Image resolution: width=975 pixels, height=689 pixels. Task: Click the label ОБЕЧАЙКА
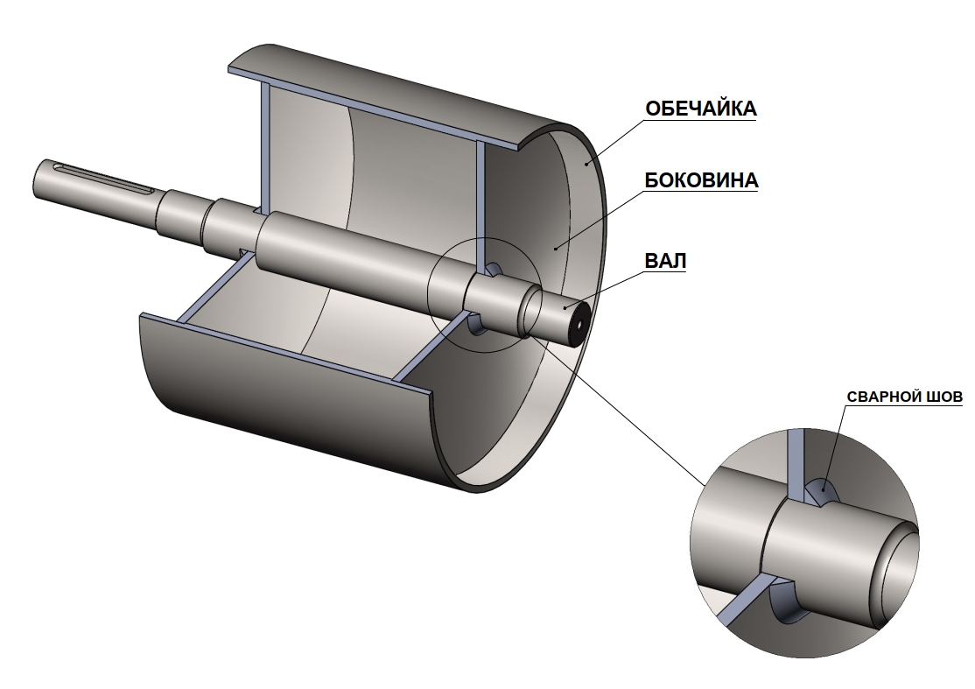tap(700, 109)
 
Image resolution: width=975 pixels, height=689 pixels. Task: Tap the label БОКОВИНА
tap(701, 180)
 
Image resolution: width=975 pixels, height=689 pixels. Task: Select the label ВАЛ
tap(664, 261)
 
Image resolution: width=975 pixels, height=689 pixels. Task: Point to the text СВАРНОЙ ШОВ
tap(904, 396)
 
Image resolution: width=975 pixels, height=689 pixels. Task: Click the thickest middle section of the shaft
tap(350, 254)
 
